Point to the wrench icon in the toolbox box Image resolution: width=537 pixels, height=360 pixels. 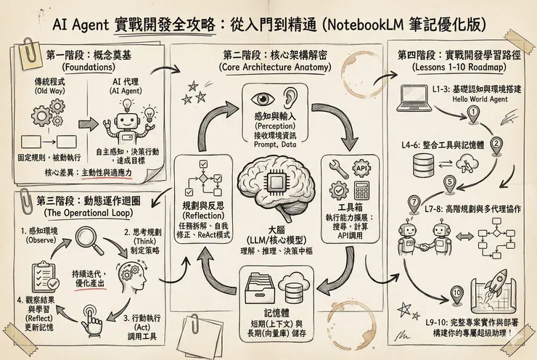click(x=337, y=168)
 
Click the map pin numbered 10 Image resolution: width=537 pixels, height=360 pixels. click(x=456, y=295)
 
